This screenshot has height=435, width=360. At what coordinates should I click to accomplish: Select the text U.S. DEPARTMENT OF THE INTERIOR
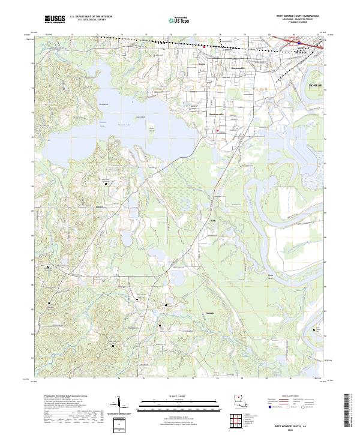[89, 17]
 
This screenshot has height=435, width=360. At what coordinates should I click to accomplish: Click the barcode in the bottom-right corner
[347, 408]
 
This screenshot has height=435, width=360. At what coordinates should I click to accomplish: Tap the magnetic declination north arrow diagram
[120, 406]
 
